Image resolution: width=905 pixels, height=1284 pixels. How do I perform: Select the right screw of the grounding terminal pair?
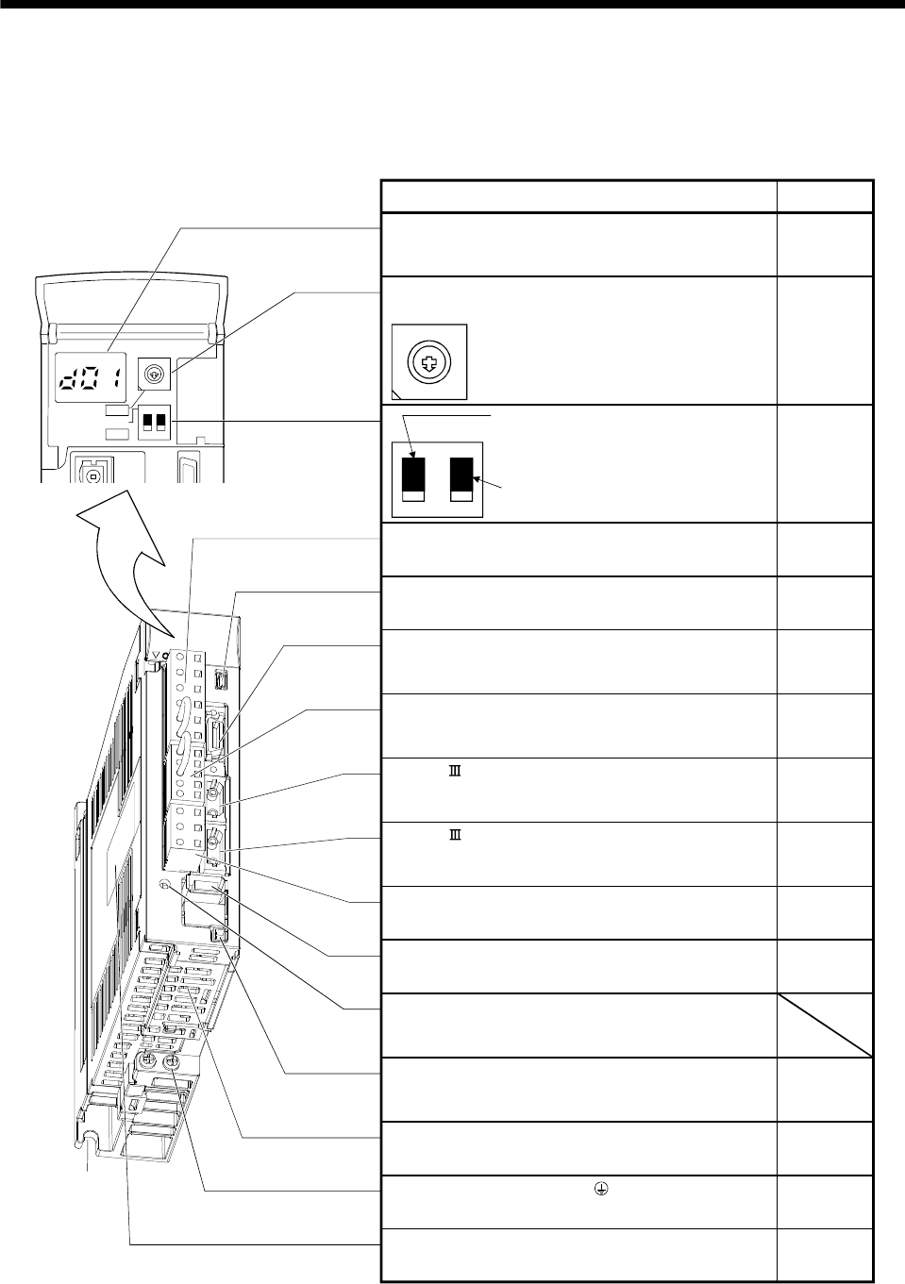(x=174, y=1063)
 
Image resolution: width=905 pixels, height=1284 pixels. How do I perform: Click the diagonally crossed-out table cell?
(x=824, y=1025)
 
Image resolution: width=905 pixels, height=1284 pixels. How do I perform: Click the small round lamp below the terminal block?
(x=165, y=885)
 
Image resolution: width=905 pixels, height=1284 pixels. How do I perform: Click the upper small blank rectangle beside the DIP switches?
(x=119, y=411)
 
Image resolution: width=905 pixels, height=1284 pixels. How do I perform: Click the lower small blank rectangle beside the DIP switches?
(x=117, y=432)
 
